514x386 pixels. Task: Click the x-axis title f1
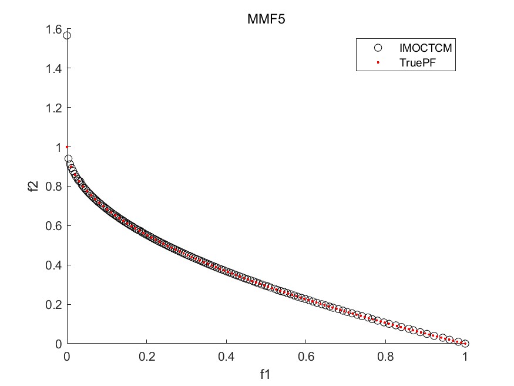pyautogui.click(x=266, y=373)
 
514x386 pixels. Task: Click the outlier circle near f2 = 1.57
pyautogui.click(x=67, y=35)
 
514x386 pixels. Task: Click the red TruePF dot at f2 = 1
pyautogui.click(x=67, y=147)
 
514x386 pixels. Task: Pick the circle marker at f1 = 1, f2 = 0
pyautogui.click(x=465, y=344)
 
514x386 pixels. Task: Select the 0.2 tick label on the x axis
pyautogui.click(x=147, y=357)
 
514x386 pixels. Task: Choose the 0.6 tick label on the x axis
pyautogui.click(x=306, y=357)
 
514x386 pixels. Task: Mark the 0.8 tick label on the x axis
pyautogui.click(x=385, y=357)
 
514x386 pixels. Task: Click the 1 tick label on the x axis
pyautogui.click(x=465, y=357)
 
